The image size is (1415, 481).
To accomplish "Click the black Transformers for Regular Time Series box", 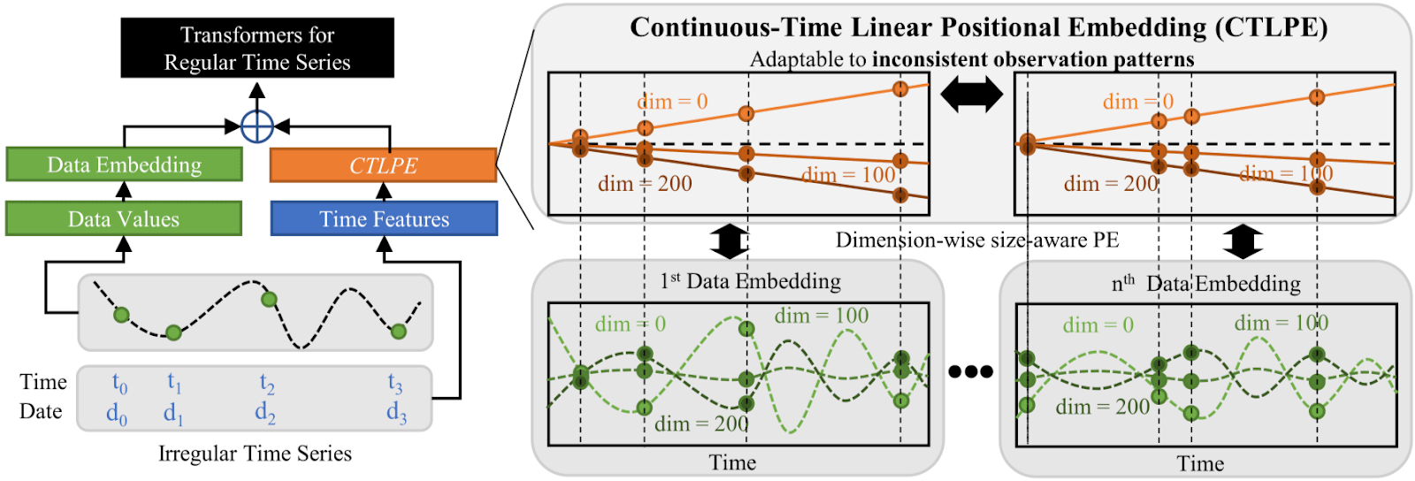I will (x=257, y=48).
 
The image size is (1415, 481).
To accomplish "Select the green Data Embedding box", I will (x=124, y=165).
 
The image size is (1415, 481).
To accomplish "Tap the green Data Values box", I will (x=124, y=219).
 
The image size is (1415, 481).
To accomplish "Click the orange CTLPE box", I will (x=383, y=165).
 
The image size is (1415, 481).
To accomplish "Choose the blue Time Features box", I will (x=384, y=219).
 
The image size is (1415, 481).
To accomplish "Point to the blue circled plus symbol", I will (x=256, y=126).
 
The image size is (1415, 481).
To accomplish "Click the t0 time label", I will (x=119, y=384).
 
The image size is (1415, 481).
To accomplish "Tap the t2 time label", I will (x=266, y=384).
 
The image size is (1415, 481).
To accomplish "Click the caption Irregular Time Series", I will (x=255, y=454).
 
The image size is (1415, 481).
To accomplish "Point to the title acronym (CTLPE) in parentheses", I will (x=1271, y=27).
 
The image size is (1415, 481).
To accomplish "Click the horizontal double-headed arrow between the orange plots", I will (x=971, y=94).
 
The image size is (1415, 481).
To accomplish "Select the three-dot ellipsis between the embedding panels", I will (x=970, y=371).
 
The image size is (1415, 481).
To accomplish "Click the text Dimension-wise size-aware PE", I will (x=977, y=240).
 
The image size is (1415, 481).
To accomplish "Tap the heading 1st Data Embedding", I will (x=750, y=281).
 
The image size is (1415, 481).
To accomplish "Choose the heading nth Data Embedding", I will (x=1205, y=283).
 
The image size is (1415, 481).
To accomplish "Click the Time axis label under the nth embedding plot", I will (x=1200, y=463).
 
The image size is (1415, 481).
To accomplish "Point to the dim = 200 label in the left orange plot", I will (x=645, y=184).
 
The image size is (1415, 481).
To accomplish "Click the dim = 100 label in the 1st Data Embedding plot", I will (x=822, y=316).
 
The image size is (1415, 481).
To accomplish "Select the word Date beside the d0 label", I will (x=41, y=411).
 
